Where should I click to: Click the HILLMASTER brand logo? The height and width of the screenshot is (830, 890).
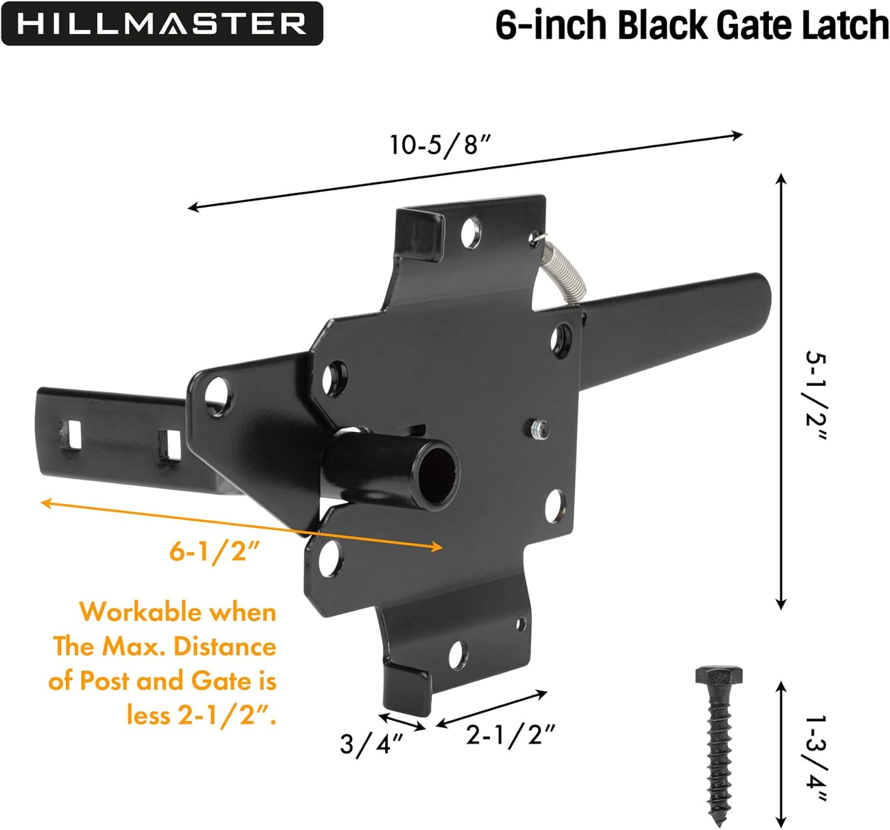(161, 24)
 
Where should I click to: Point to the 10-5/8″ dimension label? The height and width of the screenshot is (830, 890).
(440, 144)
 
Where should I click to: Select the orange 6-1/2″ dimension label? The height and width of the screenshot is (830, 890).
(215, 551)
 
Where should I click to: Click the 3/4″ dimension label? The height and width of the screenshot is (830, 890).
(371, 743)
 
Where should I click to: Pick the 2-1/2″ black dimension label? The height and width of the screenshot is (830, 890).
(510, 736)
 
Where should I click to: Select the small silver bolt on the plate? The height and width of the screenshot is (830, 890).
(538, 428)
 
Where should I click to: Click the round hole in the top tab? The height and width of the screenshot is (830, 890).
(470, 232)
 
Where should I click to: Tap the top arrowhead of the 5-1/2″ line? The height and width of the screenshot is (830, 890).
(781, 179)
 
